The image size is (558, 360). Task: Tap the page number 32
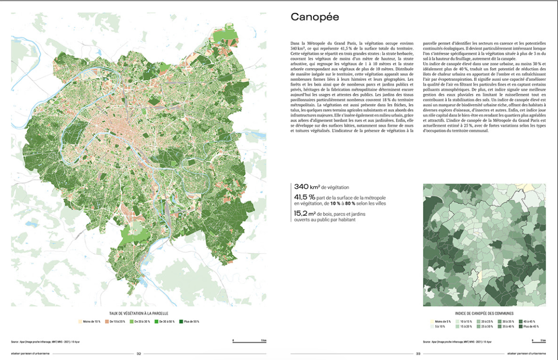139,353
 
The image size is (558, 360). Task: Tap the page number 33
418,353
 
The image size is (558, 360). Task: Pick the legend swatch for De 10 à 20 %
106,321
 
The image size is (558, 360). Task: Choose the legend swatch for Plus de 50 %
182,321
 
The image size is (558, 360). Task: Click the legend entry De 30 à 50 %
166,321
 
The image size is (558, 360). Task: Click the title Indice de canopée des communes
484,312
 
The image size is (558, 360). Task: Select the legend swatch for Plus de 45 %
521,326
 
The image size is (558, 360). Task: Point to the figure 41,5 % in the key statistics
304,197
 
